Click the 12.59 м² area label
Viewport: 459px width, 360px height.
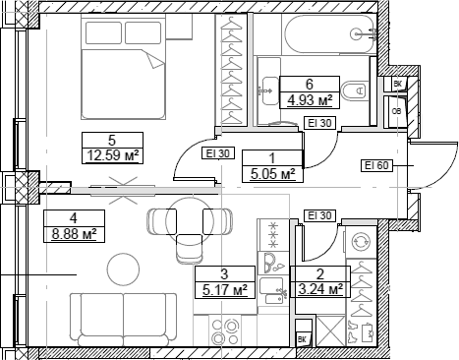(113, 154)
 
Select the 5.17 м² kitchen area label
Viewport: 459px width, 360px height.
(225, 290)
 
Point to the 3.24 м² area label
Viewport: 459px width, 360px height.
(322, 290)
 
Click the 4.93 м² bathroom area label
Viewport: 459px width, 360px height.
(309, 99)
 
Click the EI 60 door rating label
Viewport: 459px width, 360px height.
(377, 165)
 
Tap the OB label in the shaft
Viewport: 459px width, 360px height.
(397, 111)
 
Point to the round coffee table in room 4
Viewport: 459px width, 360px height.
(124, 267)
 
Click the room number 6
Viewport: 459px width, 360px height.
(309, 84)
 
